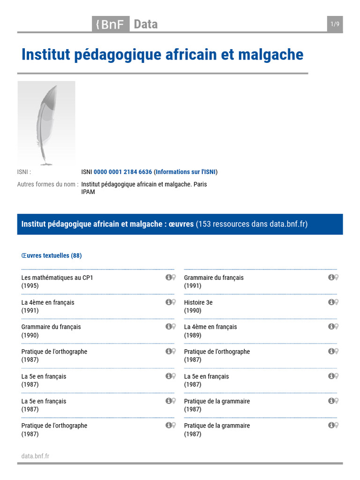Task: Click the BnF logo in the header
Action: (x=110, y=24)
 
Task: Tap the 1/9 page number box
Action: (x=335, y=24)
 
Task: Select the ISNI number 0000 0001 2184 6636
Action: (x=123, y=172)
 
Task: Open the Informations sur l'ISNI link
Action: (x=186, y=172)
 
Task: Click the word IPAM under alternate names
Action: (x=88, y=192)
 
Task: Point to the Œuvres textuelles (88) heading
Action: (x=52, y=255)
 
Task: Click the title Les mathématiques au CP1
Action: (x=57, y=277)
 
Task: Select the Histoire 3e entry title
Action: (x=198, y=302)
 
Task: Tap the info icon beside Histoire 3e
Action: (x=331, y=302)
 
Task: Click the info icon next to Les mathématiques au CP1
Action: (x=168, y=277)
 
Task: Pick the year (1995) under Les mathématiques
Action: (x=30, y=286)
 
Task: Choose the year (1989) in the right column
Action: (x=193, y=335)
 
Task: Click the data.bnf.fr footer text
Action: (x=35, y=456)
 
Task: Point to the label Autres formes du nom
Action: (x=47, y=184)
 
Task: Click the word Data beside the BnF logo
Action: (x=146, y=24)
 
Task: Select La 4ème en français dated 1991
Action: (x=48, y=302)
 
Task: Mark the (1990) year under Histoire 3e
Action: (x=193, y=310)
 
